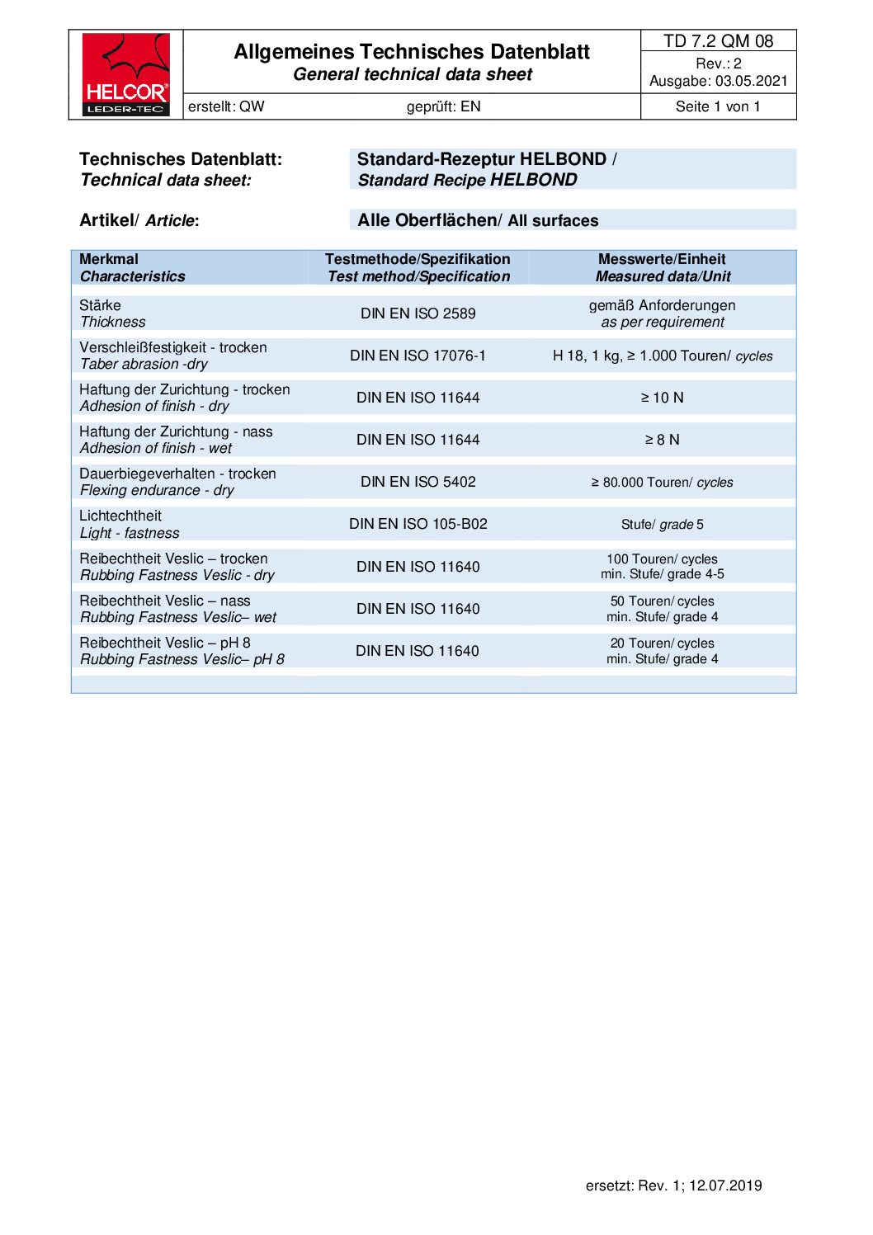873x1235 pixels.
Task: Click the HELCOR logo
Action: [125, 74]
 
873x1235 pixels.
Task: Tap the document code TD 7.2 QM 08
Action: [718, 41]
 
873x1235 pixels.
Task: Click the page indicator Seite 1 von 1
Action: [718, 106]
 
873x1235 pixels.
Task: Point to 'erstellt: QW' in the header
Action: [226, 106]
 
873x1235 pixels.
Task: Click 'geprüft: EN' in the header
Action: [443, 106]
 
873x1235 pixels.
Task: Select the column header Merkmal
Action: [109, 259]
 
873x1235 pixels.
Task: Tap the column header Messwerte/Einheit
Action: [662, 259]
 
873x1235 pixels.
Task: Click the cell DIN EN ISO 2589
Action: [418, 313]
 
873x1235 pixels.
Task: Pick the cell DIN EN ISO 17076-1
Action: [418, 356]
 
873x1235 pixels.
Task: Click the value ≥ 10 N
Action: [662, 398]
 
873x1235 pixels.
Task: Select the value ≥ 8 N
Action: [662, 440]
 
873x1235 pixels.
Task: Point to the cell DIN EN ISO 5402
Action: [418, 482]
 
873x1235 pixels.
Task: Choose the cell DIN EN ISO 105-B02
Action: [418, 524]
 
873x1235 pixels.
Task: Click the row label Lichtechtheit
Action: [120, 516]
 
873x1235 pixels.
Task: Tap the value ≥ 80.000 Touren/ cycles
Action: [662, 483]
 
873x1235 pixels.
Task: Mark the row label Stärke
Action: [100, 305]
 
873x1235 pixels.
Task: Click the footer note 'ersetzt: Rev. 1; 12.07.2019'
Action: [673, 1186]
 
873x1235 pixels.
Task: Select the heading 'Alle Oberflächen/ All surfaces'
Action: [478, 220]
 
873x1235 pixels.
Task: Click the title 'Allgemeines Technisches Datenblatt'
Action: [412, 52]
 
